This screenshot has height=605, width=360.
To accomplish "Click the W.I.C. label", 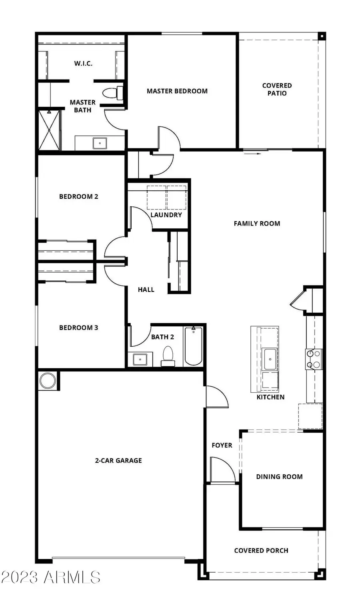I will tap(83, 63).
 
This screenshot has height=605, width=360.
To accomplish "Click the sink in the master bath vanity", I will tap(100, 143).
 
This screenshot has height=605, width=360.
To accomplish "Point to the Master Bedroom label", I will tap(177, 91).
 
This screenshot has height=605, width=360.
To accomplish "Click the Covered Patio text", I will tap(277, 89).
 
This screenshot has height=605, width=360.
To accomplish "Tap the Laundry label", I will tap(166, 215).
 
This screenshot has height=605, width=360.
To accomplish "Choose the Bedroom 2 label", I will tap(78, 196).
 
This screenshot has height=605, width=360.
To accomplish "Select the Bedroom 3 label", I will tap(78, 327).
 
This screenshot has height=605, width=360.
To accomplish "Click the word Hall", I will tap(146, 290).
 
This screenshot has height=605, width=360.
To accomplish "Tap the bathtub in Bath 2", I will tap(194, 346).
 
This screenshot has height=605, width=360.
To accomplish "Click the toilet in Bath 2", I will tap(168, 356).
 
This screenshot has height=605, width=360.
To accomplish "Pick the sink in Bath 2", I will tap(140, 359).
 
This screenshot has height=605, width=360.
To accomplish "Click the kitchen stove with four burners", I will tap(314, 359).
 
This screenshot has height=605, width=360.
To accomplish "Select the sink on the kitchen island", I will tap(270, 359).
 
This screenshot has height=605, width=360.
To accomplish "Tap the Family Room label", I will tap(257, 224).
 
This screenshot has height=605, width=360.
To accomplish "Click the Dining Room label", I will tap(279, 477).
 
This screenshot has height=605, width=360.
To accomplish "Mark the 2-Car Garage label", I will tap(118, 461).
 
